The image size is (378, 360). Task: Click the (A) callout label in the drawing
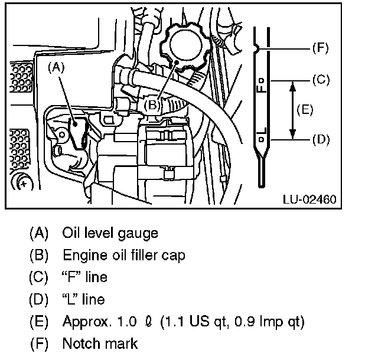56,67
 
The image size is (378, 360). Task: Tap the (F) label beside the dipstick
320,48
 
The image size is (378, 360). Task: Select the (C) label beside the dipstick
320,78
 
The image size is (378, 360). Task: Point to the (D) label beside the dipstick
320,139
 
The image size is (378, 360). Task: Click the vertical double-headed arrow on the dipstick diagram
291,109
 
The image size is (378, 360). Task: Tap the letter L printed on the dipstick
261,131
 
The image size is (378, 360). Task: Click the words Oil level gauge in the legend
110,233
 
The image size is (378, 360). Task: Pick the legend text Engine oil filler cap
124,256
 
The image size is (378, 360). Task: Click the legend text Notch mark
100,343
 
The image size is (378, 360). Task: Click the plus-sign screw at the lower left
24,182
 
